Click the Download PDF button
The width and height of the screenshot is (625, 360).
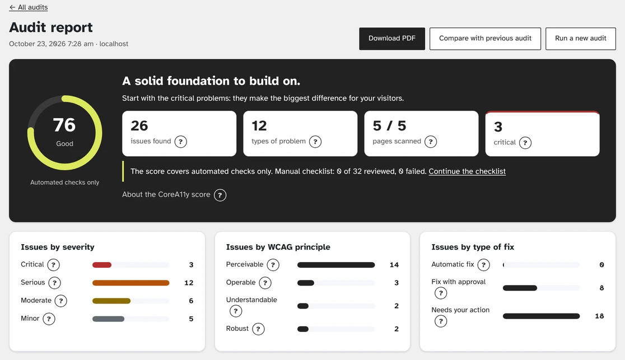pos(392,39)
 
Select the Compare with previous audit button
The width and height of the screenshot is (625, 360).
pos(485,39)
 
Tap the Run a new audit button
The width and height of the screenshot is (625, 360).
pos(580,39)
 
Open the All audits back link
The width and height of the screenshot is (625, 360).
pos(29,7)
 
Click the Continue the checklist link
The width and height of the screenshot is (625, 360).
pos(467,171)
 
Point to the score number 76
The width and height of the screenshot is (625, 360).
pos(64,125)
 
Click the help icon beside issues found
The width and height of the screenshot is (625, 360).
pos(180,142)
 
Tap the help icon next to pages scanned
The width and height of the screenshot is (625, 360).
pos(431,142)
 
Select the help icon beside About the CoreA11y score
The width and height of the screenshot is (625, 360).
pos(220,195)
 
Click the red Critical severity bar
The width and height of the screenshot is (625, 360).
pos(101,265)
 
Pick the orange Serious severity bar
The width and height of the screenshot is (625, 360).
pos(130,283)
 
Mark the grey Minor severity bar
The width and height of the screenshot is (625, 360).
pos(109,319)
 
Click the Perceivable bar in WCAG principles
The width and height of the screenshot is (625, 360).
pos(336,265)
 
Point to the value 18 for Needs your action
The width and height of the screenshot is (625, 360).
pos(599,316)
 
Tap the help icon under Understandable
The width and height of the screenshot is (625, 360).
pos(236,311)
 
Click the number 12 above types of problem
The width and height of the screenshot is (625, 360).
pos(259,126)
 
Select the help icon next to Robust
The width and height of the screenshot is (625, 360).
pos(258,329)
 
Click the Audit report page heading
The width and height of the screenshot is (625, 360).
pos(51,27)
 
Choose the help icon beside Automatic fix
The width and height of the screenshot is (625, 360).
pos(483,265)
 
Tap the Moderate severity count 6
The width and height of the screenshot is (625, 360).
pos(191,301)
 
